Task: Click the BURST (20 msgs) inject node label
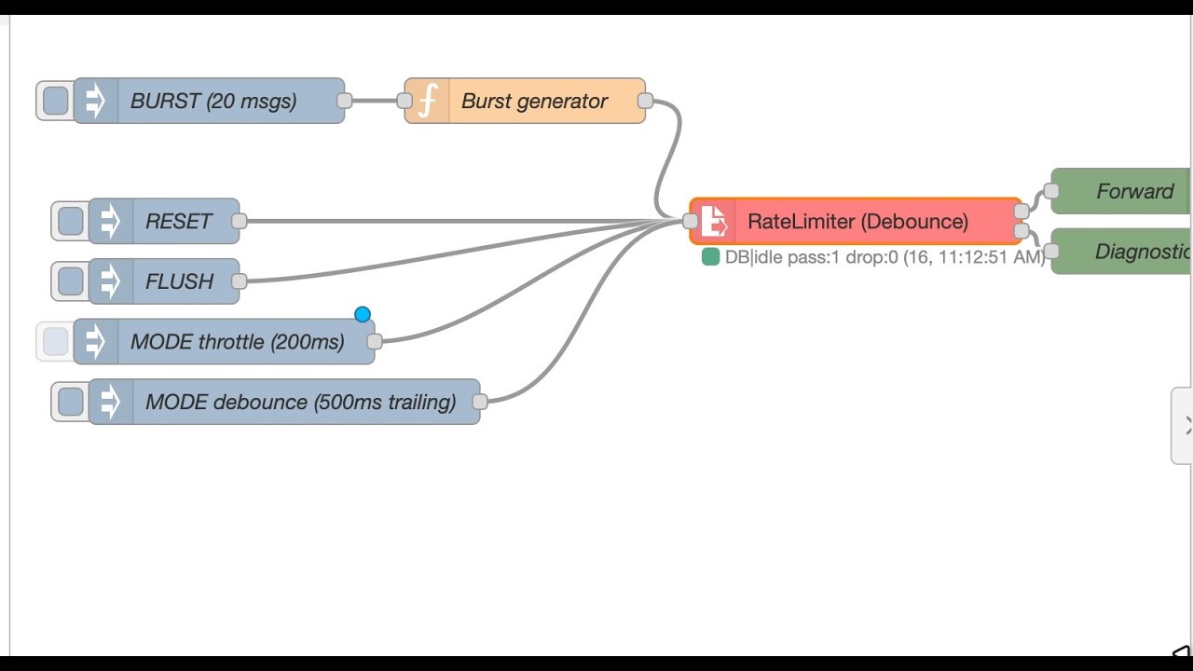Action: point(213,102)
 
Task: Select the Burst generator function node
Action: point(534,102)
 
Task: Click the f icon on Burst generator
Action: point(427,102)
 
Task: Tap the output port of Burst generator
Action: point(645,101)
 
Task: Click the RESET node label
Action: point(179,222)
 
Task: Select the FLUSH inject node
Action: point(179,281)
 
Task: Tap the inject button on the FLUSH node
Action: point(70,281)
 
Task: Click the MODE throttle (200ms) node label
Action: point(238,342)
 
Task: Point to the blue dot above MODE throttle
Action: point(363,315)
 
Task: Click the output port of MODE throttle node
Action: point(375,342)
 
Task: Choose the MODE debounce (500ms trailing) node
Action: point(300,403)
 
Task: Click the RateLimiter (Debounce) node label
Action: point(857,222)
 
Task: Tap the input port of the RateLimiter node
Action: point(690,222)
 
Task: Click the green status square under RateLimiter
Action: point(710,257)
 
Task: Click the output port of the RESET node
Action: point(240,222)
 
